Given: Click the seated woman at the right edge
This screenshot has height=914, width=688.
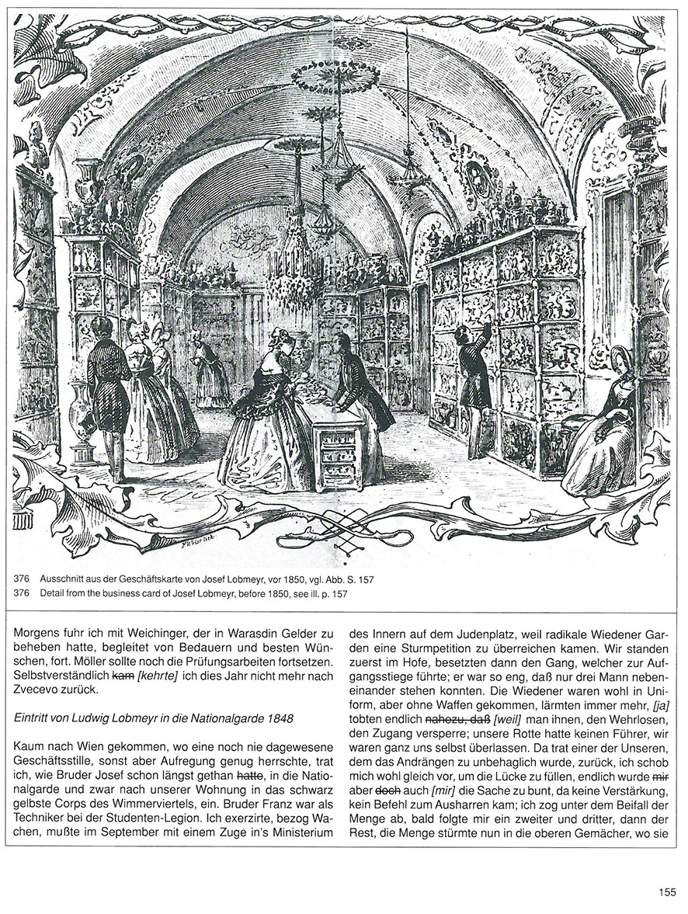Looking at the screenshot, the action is (602, 427).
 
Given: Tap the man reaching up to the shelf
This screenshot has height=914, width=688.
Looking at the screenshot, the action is (473, 388).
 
